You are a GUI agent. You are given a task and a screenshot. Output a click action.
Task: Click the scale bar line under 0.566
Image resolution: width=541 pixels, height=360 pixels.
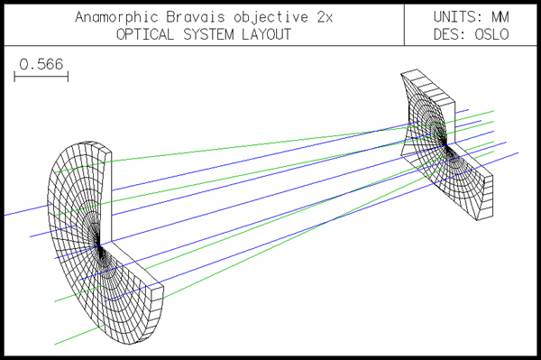[x=41, y=78]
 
